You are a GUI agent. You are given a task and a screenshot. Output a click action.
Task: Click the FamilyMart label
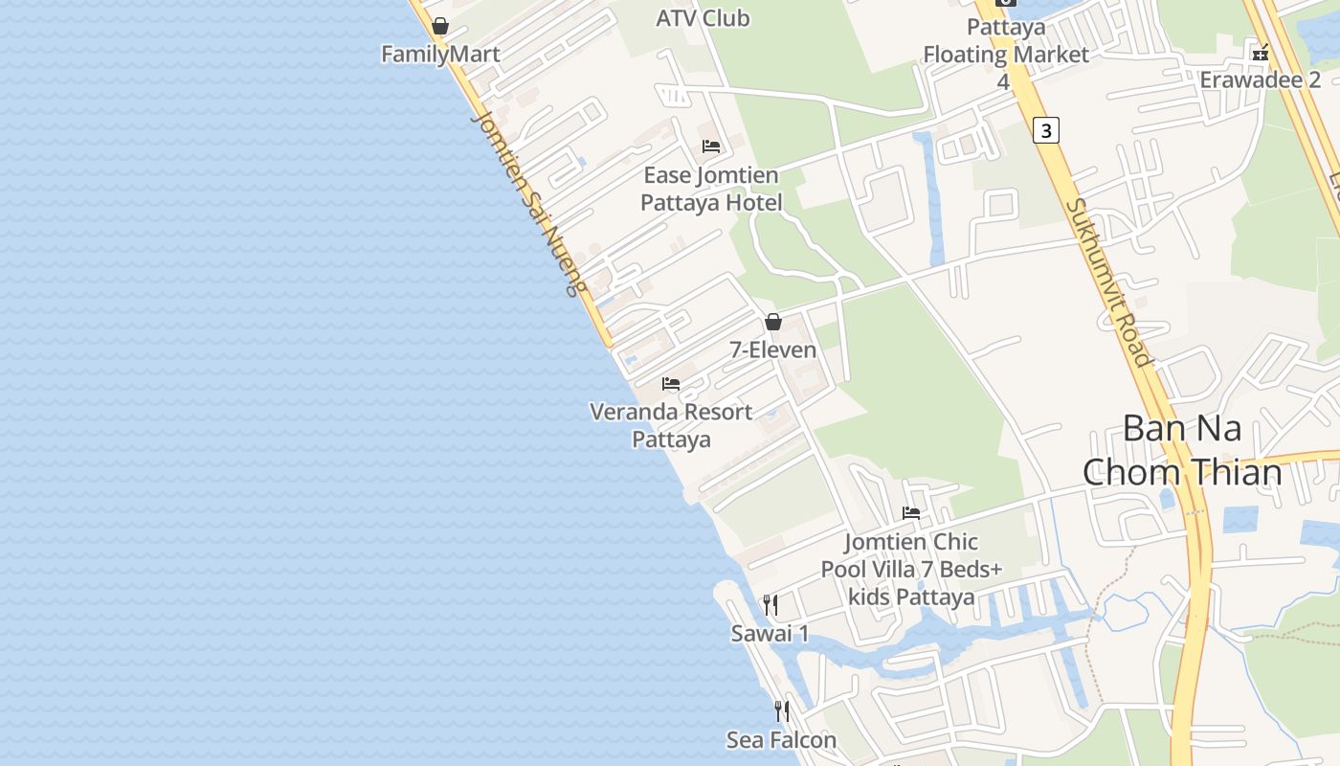click(440, 55)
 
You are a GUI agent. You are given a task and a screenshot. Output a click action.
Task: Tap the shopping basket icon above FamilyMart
click(440, 26)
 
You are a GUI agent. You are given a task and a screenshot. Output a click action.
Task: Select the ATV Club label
click(703, 18)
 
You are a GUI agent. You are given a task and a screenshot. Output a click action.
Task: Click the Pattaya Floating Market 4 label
click(1005, 55)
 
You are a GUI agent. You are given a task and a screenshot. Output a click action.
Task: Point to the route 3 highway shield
click(1046, 130)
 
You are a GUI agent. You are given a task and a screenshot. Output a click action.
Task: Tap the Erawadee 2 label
click(1260, 79)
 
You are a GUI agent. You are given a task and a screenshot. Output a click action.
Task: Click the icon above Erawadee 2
click(1261, 53)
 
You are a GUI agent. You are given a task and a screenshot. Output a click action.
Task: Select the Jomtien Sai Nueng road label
click(529, 202)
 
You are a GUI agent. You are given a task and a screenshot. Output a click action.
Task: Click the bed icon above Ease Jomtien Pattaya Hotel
click(711, 146)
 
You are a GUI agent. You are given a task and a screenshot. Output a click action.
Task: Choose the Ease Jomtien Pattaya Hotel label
click(710, 189)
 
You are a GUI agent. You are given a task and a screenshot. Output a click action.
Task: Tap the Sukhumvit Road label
click(1107, 282)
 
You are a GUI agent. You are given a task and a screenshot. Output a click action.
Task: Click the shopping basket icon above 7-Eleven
click(773, 323)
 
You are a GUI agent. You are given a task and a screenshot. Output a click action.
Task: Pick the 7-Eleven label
click(773, 350)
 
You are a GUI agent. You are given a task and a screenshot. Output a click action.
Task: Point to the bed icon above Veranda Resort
click(671, 384)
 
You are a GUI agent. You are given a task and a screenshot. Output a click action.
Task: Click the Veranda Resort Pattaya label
click(671, 425)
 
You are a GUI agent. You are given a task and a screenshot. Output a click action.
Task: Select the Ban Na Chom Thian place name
click(1182, 450)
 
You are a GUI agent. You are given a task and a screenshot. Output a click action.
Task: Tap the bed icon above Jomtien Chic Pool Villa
click(911, 513)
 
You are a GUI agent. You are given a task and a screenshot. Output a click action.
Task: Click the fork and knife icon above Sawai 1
click(770, 605)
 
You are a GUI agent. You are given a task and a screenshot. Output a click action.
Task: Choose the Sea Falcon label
click(781, 740)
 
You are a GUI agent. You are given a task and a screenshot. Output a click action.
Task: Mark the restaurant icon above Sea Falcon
click(782, 711)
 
